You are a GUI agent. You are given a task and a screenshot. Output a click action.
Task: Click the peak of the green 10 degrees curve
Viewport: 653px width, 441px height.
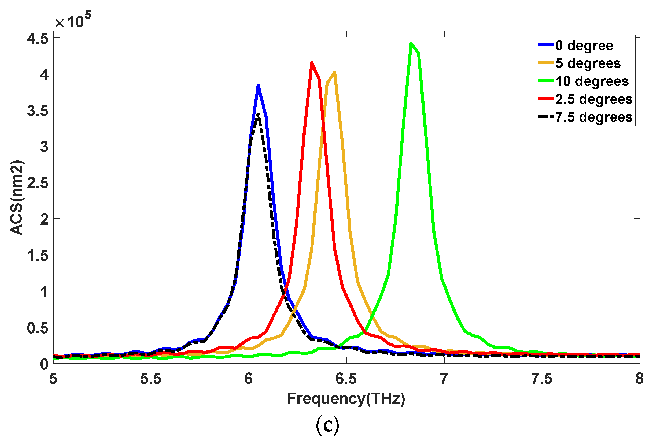(x=411, y=43)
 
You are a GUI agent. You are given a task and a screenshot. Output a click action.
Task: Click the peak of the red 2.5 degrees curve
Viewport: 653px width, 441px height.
(x=312, y=63)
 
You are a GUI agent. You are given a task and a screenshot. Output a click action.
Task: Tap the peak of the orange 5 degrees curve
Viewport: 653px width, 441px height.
(x=335, y=72)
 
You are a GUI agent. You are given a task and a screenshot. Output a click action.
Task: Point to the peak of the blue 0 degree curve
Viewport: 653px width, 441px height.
(x=258, y=85)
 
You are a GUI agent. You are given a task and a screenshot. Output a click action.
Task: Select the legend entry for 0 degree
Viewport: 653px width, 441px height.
(x=584, y=46)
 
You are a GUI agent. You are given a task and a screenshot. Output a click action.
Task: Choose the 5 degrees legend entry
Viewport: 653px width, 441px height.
(x=588, y=63)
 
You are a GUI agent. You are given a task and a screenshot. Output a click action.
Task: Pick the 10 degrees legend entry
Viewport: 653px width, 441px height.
(x=592, y=81)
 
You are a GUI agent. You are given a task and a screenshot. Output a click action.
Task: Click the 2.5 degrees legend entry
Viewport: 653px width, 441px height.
(x=594, y=99)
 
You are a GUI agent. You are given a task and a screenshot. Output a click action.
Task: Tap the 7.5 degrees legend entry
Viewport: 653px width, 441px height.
(x=594, y=117)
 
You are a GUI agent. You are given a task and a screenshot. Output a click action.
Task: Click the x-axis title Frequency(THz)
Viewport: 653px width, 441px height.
(x=346, y=399)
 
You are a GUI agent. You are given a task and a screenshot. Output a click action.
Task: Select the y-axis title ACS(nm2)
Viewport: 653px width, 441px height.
(x=17, y=197)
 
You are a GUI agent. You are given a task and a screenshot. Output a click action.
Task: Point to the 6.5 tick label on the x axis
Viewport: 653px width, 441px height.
(x=346, y=379)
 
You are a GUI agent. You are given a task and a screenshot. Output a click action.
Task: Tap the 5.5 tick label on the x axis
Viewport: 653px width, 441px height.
(x=151, y=379)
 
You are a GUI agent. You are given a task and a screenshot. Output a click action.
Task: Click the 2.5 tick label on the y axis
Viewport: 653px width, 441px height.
(x=38, y=183)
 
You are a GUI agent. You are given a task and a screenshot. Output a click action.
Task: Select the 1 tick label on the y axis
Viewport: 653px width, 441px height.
(x=44, y=292)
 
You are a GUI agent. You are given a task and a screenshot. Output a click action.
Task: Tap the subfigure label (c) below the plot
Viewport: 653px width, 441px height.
(x=328, y=425)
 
